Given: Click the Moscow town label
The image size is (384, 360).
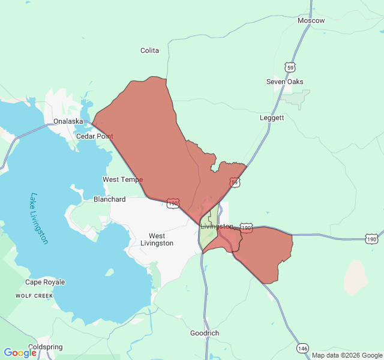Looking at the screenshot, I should (311, 20).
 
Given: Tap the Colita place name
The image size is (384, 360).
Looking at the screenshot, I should (149, 50).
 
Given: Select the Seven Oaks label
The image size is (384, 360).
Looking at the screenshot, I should (285, 82).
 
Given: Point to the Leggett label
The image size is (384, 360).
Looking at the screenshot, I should (272, 118).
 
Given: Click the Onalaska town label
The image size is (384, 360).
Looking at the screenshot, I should (68, 121).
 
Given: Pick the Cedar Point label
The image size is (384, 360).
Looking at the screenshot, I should (94, 136).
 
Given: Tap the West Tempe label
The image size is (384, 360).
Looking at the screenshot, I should (122, 179).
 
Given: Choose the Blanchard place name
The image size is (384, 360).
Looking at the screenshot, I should (110, 199).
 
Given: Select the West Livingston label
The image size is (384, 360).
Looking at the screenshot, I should (157, 239).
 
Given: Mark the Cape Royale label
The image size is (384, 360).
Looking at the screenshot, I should (45, 282).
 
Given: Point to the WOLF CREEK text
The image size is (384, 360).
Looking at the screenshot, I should (34, 296).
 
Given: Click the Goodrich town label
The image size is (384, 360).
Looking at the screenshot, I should (205, 333).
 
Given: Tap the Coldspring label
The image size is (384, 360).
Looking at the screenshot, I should (45, 347).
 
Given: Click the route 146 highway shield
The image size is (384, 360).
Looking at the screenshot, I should (302, 348).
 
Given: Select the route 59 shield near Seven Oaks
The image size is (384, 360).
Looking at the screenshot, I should (290, 67).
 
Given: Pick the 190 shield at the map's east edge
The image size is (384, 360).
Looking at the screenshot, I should (371, 239).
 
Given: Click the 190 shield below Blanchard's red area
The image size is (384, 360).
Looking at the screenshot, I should (173, 204).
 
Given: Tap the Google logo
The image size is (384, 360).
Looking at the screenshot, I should (20, 353).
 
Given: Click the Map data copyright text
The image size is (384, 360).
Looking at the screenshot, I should (346, 355).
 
